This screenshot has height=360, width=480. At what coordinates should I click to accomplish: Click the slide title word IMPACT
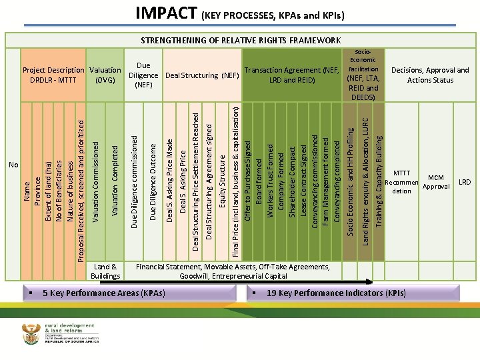(x=165, y=13)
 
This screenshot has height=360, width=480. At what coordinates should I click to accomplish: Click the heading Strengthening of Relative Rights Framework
(x=241, y=40)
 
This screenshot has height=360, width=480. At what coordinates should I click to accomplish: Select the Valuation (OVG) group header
(x=105, y=75)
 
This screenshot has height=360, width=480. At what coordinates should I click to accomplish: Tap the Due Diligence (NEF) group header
(x=143, y=75)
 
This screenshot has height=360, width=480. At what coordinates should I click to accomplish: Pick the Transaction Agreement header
(x=292, y=75)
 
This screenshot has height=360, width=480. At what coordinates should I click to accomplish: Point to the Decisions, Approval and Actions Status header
(x=430, y=75)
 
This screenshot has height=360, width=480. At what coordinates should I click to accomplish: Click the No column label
(x=13, y=165)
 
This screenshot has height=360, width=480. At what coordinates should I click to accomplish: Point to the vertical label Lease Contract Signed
(x=303, y=175)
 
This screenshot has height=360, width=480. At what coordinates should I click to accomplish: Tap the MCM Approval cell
(x=436, y=182)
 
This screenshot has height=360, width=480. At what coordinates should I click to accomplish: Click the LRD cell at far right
(x=465, y=182)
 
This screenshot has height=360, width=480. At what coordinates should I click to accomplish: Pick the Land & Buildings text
(x=105, y=271)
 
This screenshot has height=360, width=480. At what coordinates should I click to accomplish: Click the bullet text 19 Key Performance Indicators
(x=335, y=293)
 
